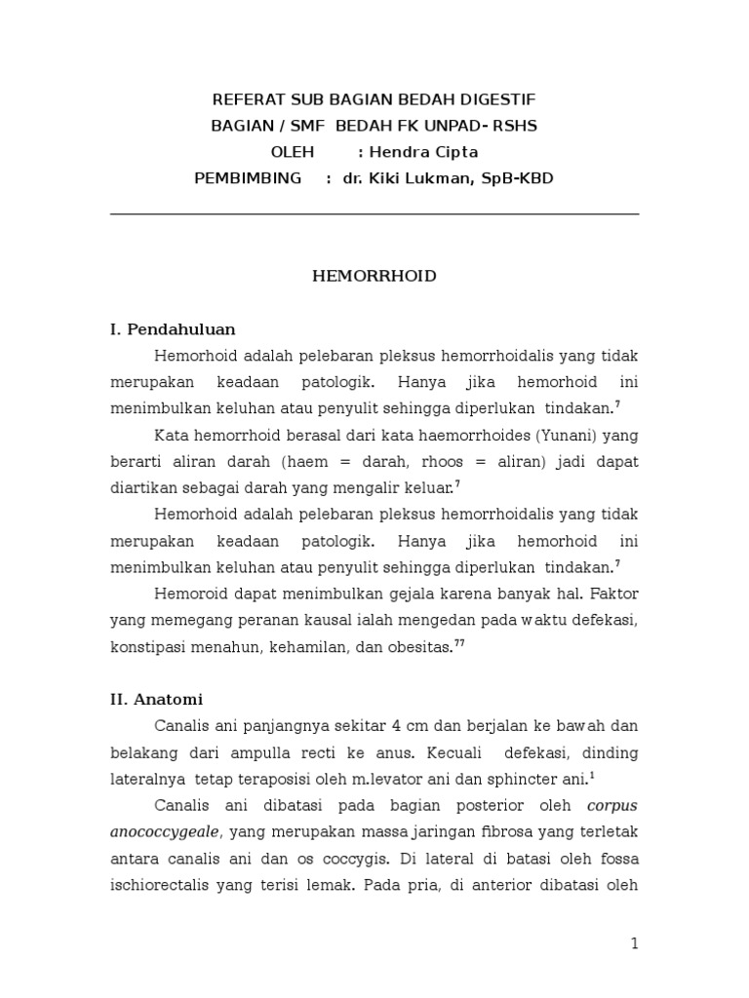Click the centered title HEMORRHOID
click(374, 276)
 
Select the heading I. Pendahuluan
click(173, 328)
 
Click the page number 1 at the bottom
click(634, 942)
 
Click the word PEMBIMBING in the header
click(249, 178)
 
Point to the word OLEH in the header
click(293, 152)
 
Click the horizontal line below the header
click(374, 213)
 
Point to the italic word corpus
click(612, 805)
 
